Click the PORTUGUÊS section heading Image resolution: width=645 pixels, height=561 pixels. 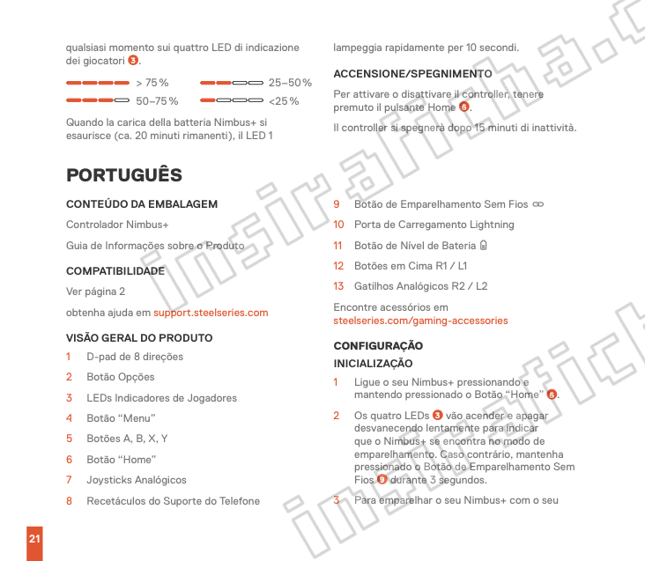(124, 175)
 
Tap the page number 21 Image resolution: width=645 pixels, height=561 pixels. (34, 538)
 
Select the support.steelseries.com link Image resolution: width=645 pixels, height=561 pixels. (211, 313)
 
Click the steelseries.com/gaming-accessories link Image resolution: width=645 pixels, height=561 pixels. (420, 321)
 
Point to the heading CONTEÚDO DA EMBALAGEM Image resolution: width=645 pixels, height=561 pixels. (142, 204)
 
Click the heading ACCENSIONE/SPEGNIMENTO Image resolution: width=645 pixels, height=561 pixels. (412, 73)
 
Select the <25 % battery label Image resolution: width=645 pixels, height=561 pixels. (284, 101)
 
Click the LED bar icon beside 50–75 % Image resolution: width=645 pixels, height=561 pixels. (97, 101)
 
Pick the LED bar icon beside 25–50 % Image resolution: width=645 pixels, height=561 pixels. (232, 83)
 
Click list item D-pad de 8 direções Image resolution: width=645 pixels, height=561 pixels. (135, 358)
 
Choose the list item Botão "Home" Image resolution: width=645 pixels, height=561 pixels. (122, 460)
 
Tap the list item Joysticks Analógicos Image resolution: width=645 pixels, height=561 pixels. (137, 480)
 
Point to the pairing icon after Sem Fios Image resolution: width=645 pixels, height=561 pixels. (537, 204)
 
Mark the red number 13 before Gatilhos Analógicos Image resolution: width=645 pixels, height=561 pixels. (338, 286)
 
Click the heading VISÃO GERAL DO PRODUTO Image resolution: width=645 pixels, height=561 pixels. (139, 338)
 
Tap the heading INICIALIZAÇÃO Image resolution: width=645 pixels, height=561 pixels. (373, 364)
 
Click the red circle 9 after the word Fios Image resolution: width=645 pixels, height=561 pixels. (382, 480)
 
